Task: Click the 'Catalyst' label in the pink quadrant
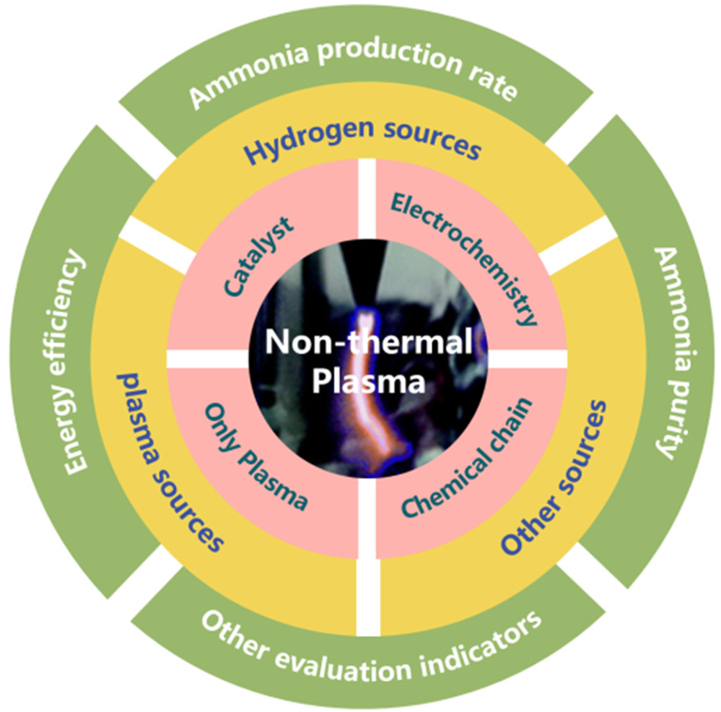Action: (x=258, y=256)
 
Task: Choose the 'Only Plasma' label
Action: (x=255, y=456)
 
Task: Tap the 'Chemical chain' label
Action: (x=467, y=457)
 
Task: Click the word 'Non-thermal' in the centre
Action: (x=369, y=342)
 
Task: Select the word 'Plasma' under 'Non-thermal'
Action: (x=369, y=381)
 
